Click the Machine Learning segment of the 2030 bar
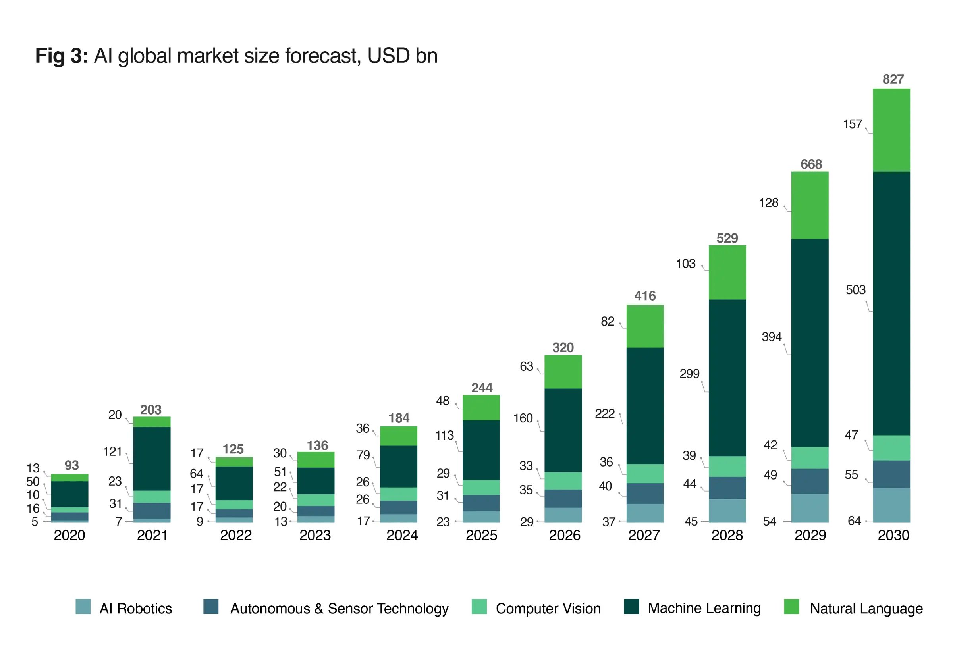click(x=891, y=303)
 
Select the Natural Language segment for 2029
click(x=810, y=205)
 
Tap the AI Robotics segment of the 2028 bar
click(x=727, y=511)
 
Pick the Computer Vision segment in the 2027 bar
click(x=645, y=474)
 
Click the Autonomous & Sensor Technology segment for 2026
click(x=563, y=498)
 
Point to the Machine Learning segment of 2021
click(x=152, y=459)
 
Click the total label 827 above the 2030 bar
click(x=893, y=79)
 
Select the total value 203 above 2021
click(x=150, y=410)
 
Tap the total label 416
click(x=645, y=296)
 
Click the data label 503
click(x=855, y=290)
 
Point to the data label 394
click(x=771, y=337)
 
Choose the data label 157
click(x=853, y=124)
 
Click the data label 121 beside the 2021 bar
click(x=112, y=451)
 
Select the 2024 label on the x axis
click(x=402, y=535)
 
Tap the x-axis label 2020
click(x=69, y=535)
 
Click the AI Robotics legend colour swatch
click(x=83, y=606)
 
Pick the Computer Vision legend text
click(x=548, y=608)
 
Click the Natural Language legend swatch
click(x=791, y=606)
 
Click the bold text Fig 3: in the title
click(x=62, y=56)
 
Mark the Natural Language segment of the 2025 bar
click(x=481, y=407)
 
